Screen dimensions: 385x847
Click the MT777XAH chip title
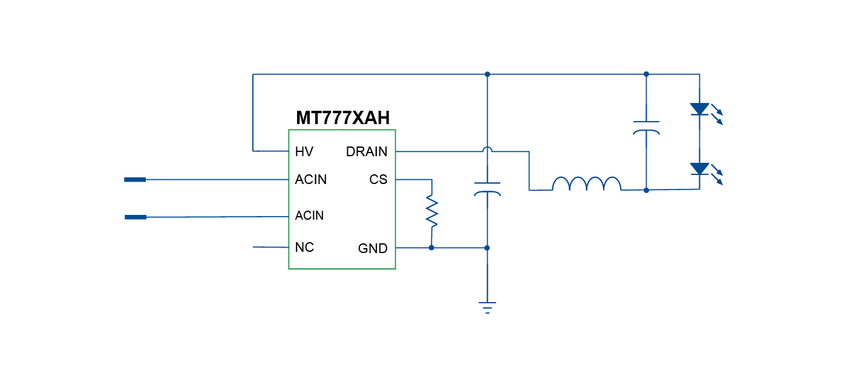[x=342, y=118]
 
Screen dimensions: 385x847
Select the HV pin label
[x=304, y=151]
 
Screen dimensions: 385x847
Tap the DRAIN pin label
[x=367, y=151]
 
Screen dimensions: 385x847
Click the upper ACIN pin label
[x=310, y=180]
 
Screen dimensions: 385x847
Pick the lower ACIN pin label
[x=309, y=216]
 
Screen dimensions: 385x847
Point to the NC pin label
[x=304, y=248]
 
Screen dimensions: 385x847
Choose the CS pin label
[x=378, y=180]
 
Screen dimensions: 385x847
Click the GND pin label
[x=373, y=248]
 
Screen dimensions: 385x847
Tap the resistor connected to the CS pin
[x=431, y=211]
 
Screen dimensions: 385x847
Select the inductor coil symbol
[x=586, y=184]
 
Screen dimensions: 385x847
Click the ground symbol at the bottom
[x=487, y=306]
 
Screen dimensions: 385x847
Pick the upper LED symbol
[x=700, y=110]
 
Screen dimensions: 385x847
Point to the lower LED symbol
[x=700, y=169]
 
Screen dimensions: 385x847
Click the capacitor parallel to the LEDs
[x=646, y=127]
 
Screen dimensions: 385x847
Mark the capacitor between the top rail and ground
[x=487, y=188]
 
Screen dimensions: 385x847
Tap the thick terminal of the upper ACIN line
[x=135, y=180]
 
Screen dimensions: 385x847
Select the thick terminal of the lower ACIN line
[x=135, y=217]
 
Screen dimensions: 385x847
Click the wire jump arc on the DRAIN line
[x=487, y=149]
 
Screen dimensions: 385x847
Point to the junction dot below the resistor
[x=431, y=248]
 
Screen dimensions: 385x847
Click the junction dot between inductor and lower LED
[x=646, y=190]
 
